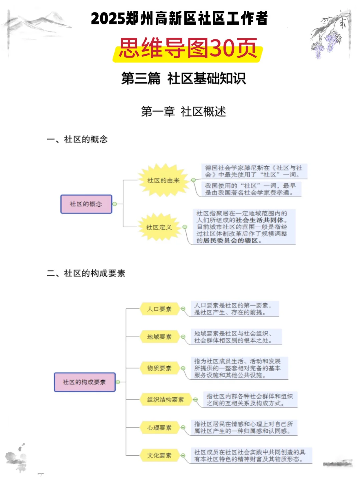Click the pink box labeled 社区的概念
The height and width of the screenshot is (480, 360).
(x=86, y=204)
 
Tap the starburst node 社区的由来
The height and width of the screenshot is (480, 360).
(x=163, y=180)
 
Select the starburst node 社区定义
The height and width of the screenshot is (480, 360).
(x=159, y=227)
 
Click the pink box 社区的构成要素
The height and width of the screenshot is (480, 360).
(x=84, y=382)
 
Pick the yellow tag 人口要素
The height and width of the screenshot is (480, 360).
(x=159, y=309)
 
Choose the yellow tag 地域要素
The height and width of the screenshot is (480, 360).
(x=159, y=337)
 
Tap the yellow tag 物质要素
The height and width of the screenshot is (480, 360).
(x=159, y=368)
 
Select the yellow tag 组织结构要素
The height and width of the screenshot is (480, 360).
(x=165, y=399)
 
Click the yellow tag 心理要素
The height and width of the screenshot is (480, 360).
(x=159, y=427)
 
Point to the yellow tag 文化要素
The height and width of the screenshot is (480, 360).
(x=159, y=455)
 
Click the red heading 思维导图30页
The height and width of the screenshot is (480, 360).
(x=188, y=49)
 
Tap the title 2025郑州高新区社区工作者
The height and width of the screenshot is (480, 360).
(x=179, y=19)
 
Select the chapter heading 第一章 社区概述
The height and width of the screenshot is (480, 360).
(x=183, y=112)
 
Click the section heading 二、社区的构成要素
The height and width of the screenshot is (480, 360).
(x=86, y=273)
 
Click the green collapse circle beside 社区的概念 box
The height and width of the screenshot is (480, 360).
(x=115, y=204)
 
